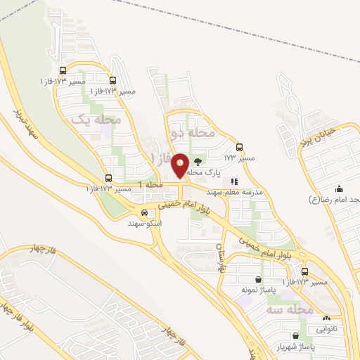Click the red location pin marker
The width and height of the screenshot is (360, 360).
pyautogui.click(x=180, y=165)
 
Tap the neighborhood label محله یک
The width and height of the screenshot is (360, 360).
pyautogui.click(x=97, y=120)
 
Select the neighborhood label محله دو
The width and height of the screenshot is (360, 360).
pyautogui.click(x=193, y=131)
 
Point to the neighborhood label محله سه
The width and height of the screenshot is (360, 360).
pyautogui.click(x=289, y=309)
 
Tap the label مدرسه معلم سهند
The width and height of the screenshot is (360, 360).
pyautogui.click(x=234, y=191)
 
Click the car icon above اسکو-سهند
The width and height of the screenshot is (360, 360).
pyautogui.click(x=144, y=212)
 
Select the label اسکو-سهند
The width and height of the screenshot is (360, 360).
pyautogui.click(x=144, y=223)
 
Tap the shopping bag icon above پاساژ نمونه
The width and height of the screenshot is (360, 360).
pyautogui.click(x=238, y=279)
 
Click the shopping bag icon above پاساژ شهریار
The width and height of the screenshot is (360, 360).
pyautogui.click(x=294, y=336)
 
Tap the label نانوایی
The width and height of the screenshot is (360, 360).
pyautogui.click(x=326, y=328)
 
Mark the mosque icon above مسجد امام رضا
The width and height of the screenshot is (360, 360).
pyautogui.click(x=339, y=188)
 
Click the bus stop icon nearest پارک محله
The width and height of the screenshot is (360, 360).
pyautogui.click(x=239, y=147)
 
